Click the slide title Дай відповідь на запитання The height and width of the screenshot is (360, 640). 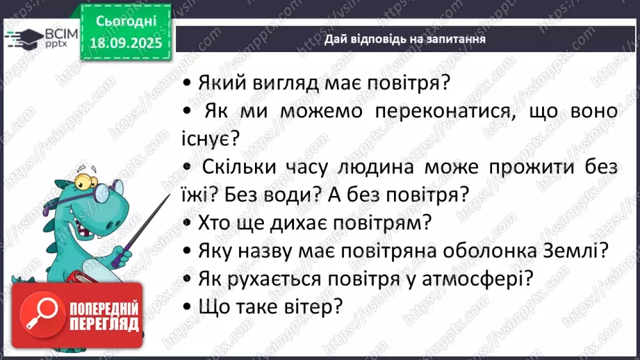404,39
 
